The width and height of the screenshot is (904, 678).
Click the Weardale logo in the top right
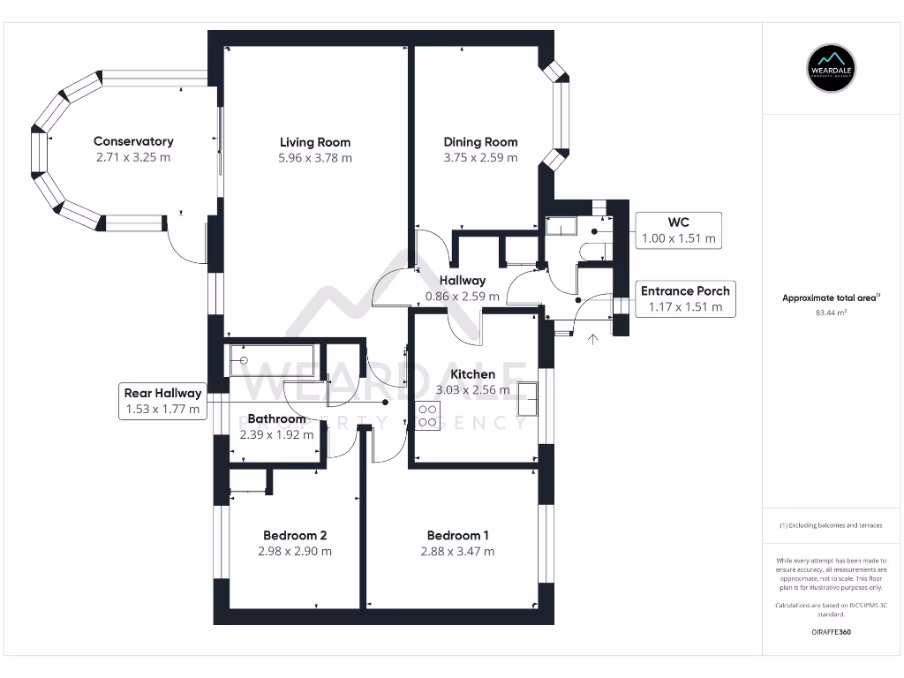(831, 69)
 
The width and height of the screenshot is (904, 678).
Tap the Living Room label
(315, 142)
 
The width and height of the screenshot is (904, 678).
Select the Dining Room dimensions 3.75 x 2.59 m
(480, 157)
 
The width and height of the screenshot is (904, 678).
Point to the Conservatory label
(133, 141)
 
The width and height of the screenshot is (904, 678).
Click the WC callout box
(679, 230)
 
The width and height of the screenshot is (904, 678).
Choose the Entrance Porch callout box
(685, 298)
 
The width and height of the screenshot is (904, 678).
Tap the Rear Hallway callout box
(162, 402)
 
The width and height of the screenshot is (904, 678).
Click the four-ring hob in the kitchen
(427, 416)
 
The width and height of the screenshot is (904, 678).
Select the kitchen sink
(527, 398)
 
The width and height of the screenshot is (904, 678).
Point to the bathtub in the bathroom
(272, 360)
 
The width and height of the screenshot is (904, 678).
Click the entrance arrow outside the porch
(592, 339)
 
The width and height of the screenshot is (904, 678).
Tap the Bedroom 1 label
(458, 536)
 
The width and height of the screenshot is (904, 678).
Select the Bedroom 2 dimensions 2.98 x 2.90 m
(295, 551)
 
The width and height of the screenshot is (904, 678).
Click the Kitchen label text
(473, 374)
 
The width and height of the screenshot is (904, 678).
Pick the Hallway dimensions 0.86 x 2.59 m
(463, 297)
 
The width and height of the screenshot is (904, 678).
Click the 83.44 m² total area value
(831, 313)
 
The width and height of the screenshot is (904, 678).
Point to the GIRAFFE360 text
(831, 632)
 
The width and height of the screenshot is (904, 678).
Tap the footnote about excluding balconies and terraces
(831, 525)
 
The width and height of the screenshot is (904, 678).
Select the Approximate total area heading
(831, 298)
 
